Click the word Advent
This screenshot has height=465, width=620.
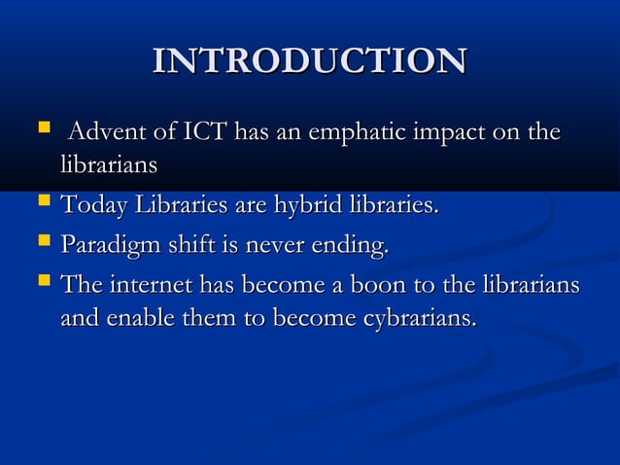point(106,133)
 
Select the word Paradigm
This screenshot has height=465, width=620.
point(107,247)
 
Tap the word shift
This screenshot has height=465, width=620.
point(188,247)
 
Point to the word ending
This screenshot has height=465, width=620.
point(349,247)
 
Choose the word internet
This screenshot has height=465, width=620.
point(151,288)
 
